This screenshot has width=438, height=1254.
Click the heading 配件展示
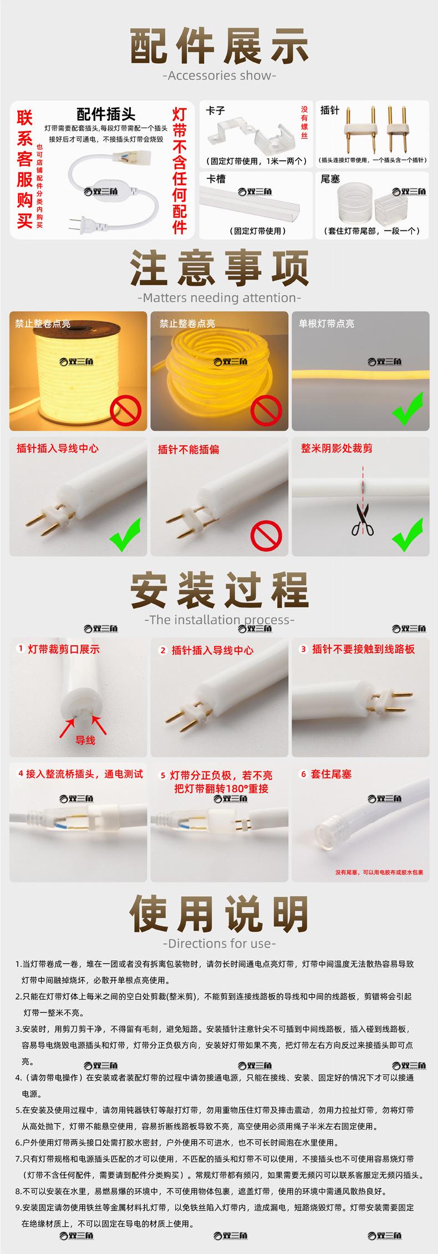(x=219, y=47)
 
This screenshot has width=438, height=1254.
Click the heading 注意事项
(x=219, y=269)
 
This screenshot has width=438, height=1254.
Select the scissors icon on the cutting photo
(x=362, y=521)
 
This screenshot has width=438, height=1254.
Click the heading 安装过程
(x=219, y=591)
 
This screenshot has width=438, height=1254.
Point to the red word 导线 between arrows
(x=85, y=740)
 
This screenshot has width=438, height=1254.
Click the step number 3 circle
(x=303, y=649)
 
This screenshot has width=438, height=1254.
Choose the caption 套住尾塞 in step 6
(x=332, y=774)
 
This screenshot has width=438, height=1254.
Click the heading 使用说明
(x=219, y=915)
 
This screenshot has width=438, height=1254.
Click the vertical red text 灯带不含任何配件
(x=180, y=171)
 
